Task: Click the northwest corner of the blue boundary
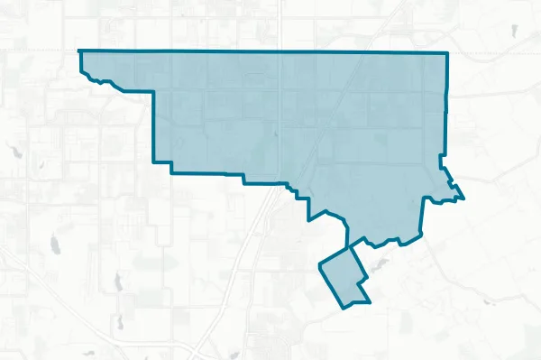coord(80,51)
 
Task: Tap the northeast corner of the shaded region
coord(447,54)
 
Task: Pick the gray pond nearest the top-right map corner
coord(514,31)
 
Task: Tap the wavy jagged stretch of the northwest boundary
coord(108,82)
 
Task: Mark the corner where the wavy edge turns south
coord(154,94)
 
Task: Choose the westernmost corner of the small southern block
coord(320,265)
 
